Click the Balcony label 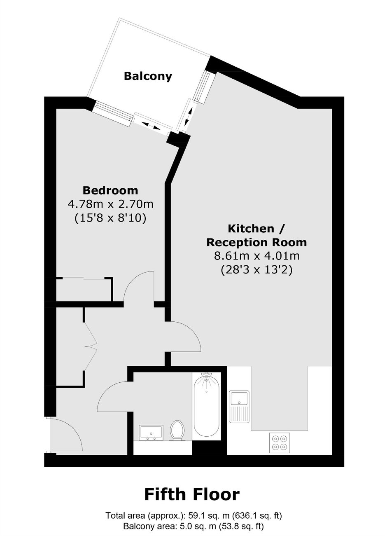148,77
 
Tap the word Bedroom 110,191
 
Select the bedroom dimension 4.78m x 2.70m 110,205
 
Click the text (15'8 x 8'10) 110,218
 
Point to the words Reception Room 256,242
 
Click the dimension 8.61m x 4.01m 256,256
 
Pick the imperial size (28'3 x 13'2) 256,270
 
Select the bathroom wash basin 151,433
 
